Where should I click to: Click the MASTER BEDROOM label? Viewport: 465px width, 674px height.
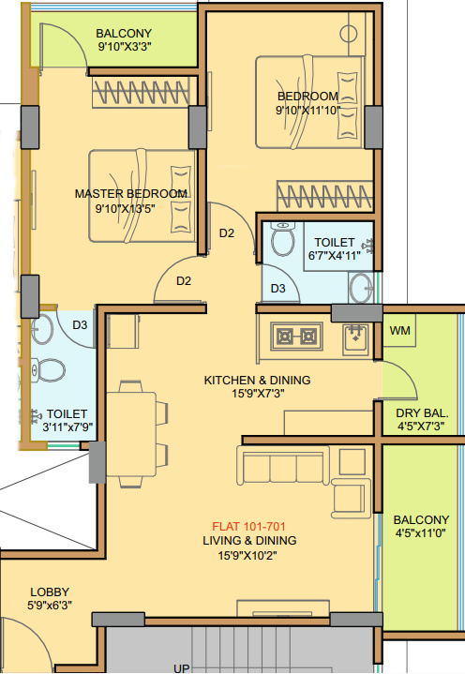point(131,194)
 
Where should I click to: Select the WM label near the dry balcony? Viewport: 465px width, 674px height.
point(400,331)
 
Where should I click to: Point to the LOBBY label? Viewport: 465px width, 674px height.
point(49,592)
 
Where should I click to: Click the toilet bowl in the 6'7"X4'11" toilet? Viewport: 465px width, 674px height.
point(280,240)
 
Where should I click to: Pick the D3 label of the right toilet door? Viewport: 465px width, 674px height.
point(277,289)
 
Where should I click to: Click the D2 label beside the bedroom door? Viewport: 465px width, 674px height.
point(227,232)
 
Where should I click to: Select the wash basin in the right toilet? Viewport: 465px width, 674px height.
point(360,286)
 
